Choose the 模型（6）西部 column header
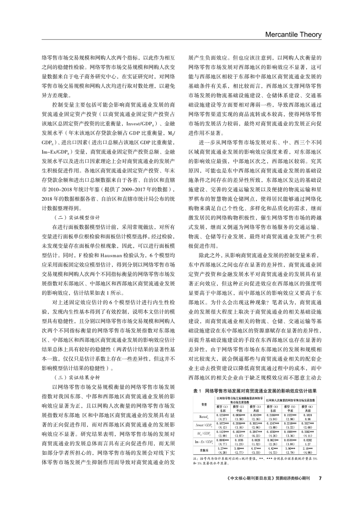pos(307,408)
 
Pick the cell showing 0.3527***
pos(307,422)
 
